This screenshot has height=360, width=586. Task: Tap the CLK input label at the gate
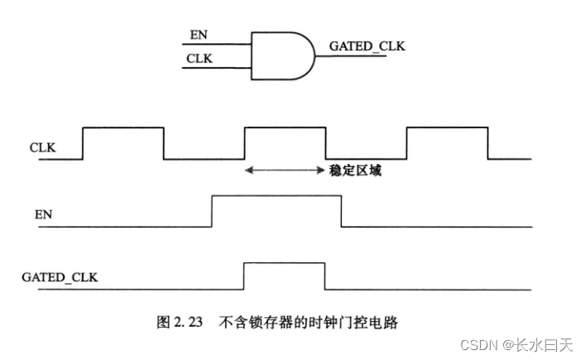[198, 59]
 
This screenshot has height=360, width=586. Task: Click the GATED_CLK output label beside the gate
[367, 46]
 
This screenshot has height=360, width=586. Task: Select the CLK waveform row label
[42, 148]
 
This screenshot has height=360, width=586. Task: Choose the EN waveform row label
[44, 214]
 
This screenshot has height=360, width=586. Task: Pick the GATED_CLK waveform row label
[59, 277]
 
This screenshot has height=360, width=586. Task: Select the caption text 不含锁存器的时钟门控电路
[308, 323]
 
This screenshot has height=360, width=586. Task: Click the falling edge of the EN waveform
[341, 210]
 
